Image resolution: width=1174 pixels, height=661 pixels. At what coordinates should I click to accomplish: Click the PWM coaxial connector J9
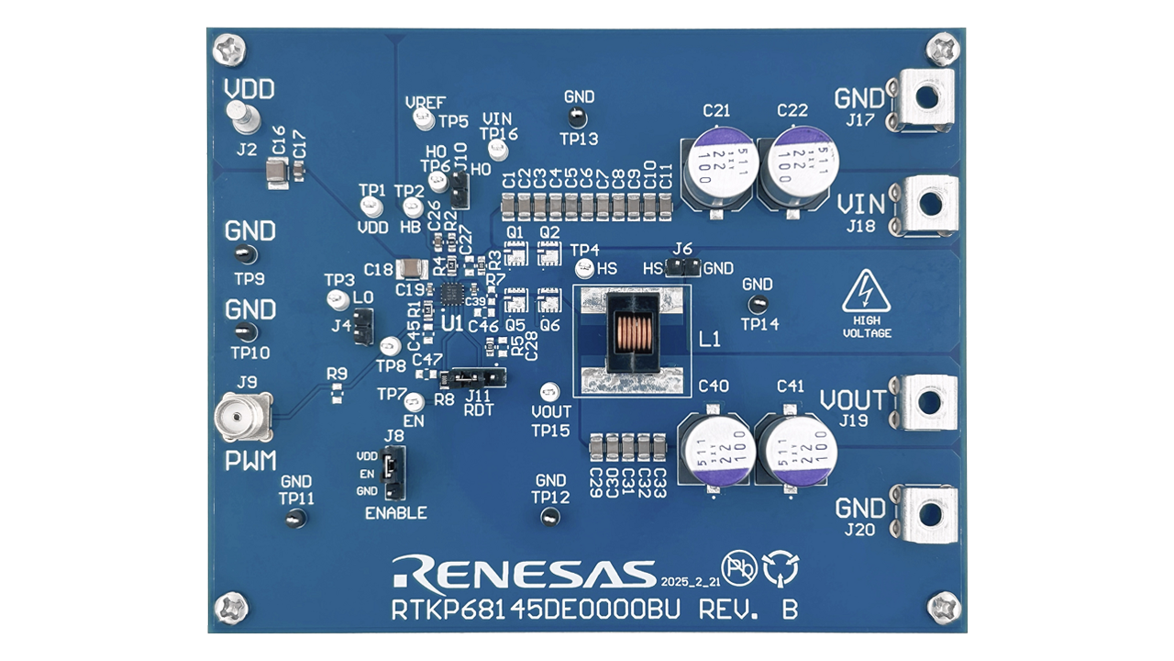243,420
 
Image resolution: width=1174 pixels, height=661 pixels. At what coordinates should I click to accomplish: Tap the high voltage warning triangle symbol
867,291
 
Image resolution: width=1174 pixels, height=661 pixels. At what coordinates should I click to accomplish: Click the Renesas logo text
523,571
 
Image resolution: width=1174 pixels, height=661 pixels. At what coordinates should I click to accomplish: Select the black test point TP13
577,117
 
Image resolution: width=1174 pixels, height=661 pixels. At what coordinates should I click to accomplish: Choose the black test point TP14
758,305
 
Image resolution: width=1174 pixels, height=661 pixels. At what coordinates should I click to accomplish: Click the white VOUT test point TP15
549,391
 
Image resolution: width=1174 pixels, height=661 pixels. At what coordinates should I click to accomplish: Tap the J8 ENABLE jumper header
393,473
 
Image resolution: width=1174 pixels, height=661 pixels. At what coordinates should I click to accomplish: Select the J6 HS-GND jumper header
683,267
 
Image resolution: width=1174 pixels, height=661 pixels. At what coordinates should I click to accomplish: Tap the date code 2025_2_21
688,581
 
